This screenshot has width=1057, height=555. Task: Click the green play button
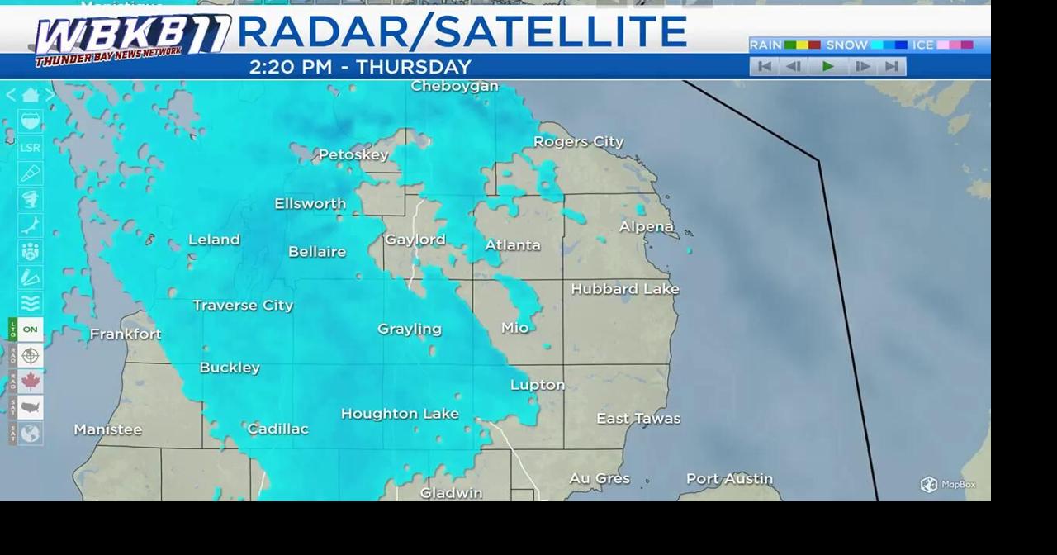point(828,66)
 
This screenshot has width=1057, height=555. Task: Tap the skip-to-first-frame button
point(765,66)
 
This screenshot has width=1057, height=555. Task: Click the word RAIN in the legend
point(765,45)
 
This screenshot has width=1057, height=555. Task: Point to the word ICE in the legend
point(922,45)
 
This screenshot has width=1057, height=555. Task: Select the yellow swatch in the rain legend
point(803,45)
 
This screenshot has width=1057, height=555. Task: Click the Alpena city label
point(647,226)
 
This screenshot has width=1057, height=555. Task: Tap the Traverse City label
point(243,305)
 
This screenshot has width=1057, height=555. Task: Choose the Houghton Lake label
point(400,414)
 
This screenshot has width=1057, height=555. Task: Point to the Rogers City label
point(578,141)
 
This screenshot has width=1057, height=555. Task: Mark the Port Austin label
point(729,478)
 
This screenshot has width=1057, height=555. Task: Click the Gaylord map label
point(415,240)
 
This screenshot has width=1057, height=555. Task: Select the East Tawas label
point(638,419)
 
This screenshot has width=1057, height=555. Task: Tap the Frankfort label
point(126,334)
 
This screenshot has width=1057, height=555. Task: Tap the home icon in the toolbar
point(31,95)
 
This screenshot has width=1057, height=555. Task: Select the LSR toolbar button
point(30,148)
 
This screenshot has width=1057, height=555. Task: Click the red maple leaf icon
point(31,382)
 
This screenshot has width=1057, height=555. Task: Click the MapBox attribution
point(948,485)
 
